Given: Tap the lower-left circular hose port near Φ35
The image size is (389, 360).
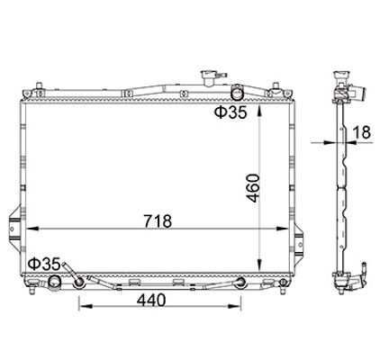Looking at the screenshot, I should (x=53, y=283).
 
